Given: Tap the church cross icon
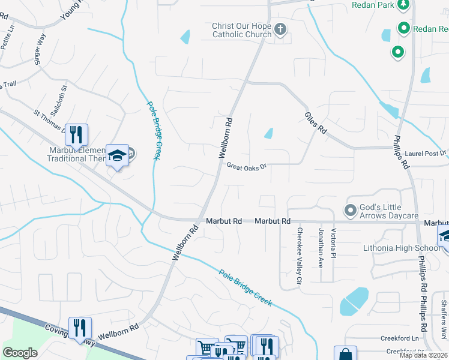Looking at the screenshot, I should coord(280,29).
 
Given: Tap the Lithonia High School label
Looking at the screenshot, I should coord(401,248).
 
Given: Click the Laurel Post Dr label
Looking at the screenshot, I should coord(426,154).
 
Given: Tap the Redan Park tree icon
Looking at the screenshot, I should coord(404,5).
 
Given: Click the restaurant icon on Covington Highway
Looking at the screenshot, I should coord(80,327).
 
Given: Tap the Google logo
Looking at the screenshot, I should coord(20,353).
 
